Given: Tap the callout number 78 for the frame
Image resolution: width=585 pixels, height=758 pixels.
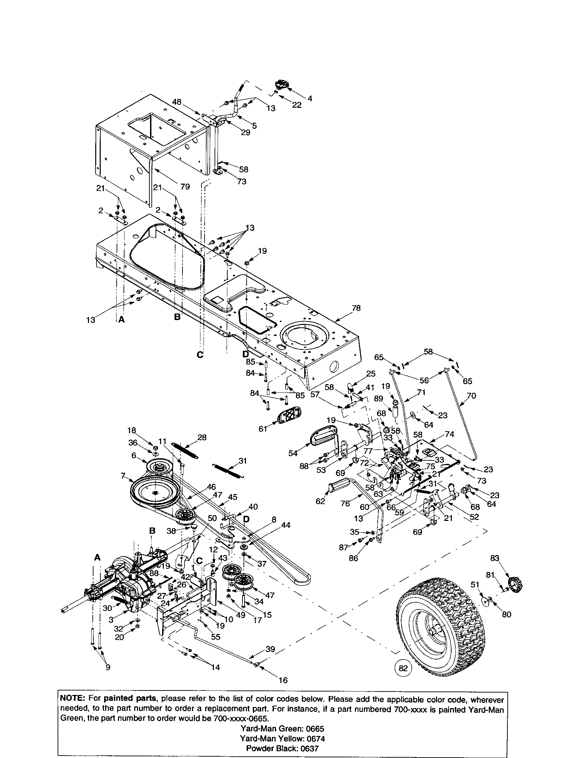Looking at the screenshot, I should pos(356,308).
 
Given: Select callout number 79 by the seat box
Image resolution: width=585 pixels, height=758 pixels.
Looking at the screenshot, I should pos(185,187).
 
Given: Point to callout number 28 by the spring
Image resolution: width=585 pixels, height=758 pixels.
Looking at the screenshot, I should pos(202,438).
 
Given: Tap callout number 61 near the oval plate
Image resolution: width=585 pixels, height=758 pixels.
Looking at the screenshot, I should pos(263,429).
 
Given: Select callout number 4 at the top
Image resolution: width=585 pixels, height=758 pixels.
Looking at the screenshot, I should pos(309,99).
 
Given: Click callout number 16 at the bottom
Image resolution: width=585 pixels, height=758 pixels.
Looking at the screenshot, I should pos(283,680).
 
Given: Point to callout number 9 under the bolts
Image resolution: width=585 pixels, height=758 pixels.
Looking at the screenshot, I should pos(108,667).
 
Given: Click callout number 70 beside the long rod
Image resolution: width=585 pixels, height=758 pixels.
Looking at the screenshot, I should pos(472,395).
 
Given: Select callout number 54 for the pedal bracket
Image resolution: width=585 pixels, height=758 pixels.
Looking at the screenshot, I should pos(293,453).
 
